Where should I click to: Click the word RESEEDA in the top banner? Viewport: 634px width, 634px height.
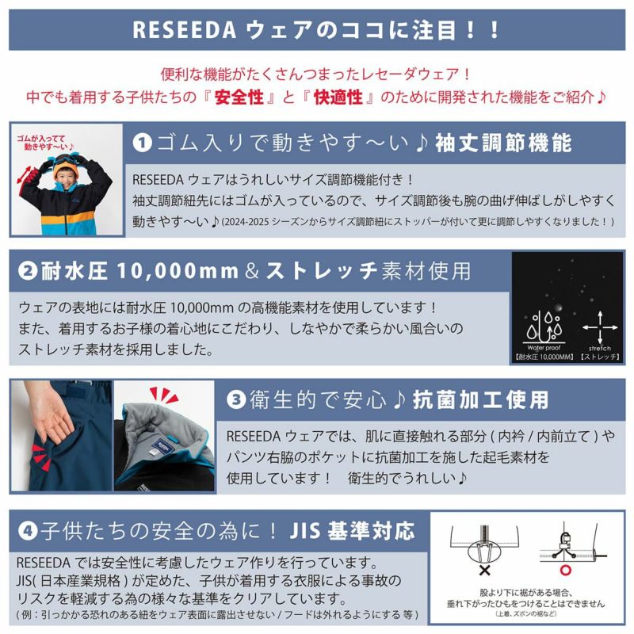point(184,29)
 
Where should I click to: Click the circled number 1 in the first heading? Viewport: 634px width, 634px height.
point(143,143)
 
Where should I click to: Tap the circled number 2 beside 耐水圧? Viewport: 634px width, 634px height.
point(28,271)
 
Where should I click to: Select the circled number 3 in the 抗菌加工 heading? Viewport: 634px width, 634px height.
point(236,400)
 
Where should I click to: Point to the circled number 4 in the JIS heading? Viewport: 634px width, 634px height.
point(28,531)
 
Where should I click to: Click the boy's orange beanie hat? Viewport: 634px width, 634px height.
point(66,166)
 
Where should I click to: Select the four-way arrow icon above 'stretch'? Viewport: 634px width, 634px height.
point(600,327)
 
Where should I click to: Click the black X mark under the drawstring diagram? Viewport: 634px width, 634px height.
point(484,571)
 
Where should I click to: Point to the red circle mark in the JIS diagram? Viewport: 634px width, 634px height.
point(566,570)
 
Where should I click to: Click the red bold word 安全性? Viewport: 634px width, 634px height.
point(239,97)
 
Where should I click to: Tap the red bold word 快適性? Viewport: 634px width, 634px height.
point(338,97)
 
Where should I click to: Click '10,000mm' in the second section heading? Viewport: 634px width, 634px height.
point(178,271)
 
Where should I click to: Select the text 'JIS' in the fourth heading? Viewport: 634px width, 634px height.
point(305,531)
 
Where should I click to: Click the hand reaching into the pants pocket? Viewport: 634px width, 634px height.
point(48,417)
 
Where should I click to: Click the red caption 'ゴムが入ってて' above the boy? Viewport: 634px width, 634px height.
point(41,139)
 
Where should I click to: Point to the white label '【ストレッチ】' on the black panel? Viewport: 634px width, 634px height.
point(599,357)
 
